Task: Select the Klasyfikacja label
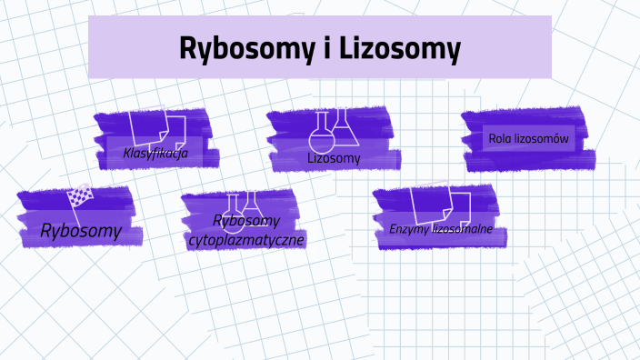[x=155, y=153]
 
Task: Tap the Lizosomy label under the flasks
[x=334, y=158]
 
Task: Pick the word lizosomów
[x=543, y=139]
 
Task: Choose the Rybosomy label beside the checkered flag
[x=80, y=231]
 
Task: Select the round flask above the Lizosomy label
[x=321, y=134]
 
